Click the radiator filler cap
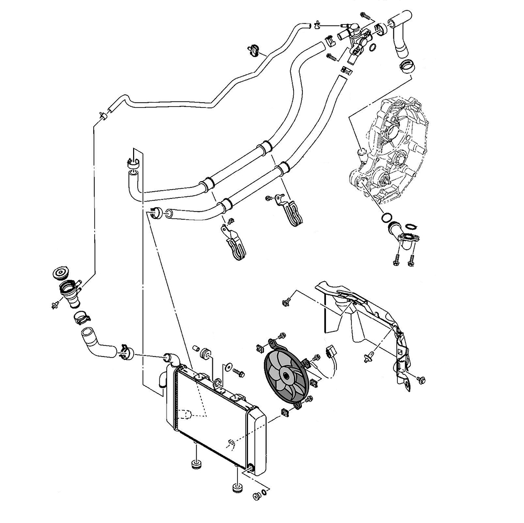click(61, 274)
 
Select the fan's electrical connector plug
click(331, 351)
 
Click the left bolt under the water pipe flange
click(396, 259)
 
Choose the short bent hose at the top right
click(401, 34)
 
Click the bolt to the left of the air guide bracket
click(287, 301)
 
